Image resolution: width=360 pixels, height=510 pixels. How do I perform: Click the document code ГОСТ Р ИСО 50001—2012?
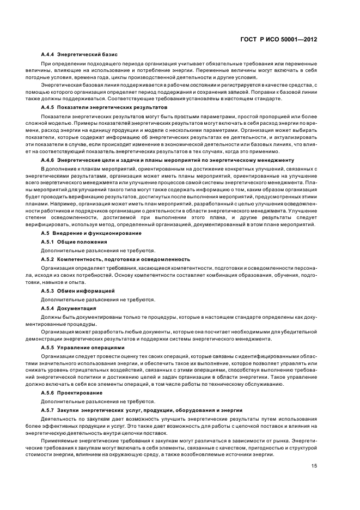tap(278, 40)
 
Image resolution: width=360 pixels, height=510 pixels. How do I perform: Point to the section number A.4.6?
tap(48, 160)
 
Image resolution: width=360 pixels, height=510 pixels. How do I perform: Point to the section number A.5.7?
tap(48, 410)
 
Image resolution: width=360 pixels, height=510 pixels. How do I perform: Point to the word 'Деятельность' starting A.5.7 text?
tap(58, 418)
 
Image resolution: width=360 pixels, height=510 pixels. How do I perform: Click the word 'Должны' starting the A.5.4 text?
tap(50, 317)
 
